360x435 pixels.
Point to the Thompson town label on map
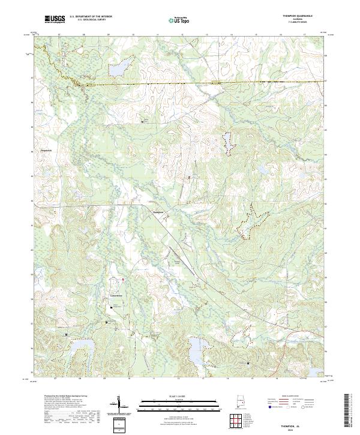click(155, 212)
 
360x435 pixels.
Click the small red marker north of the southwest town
click(123, 280)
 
